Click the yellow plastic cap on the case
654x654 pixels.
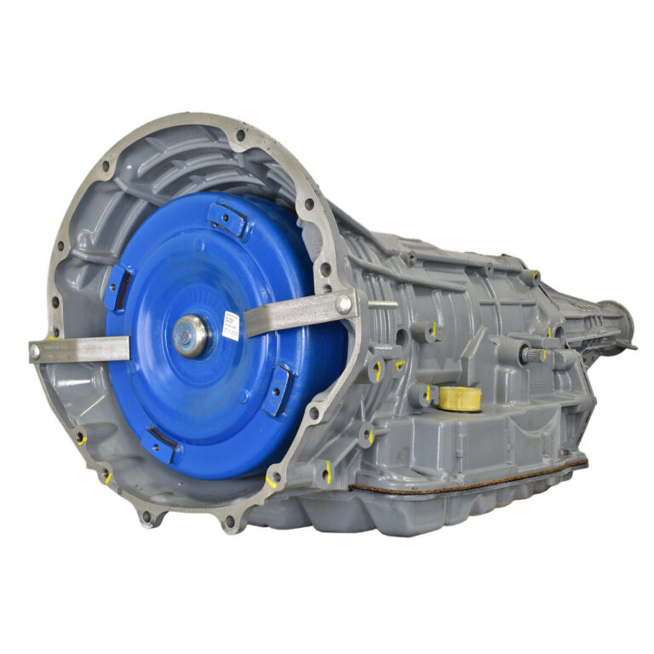coord(459,397)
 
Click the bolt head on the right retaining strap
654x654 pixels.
coord(343,303)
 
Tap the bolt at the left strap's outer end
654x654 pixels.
coord(36,349)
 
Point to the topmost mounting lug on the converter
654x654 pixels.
coord(227,219)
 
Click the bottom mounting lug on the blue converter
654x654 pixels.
coord(159,444)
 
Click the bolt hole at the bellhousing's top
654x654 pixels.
coord(242,135)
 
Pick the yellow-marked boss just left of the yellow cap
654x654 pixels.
coord(421,394)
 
